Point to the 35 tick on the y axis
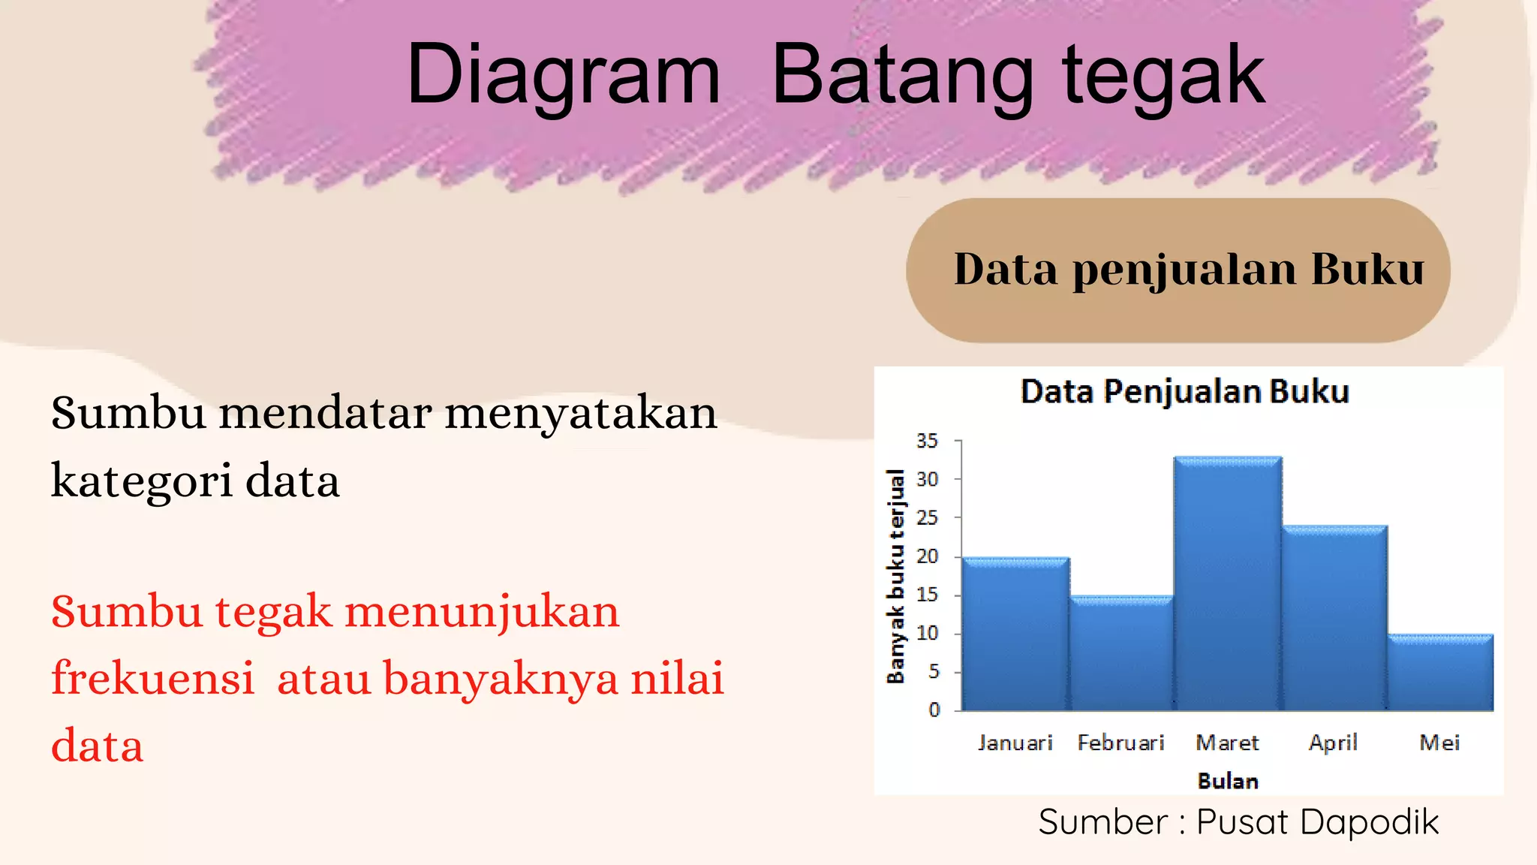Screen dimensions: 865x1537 click(x=927, y=442)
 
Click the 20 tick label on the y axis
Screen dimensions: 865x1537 click(x=928, y=556)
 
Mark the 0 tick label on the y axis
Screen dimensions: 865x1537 click(x=934, y=710)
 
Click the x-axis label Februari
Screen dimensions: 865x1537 click(x=1120, y=743)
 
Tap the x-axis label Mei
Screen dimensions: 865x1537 click(x=1439, y=743)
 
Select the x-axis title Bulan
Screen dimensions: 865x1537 click(x=1228, y=781)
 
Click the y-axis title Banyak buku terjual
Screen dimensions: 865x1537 click(x=895, y=577)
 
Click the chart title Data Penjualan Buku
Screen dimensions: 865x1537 click(x=1185, y=392)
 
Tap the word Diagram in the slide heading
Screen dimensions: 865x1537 click(x=563, y=75)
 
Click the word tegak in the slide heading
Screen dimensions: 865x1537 click(x=1163, y=75)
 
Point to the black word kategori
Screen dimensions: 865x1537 click(x=142, y=481)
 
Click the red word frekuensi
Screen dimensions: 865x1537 click(x=153, y=678)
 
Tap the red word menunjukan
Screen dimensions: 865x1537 click(x=482, y=611)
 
